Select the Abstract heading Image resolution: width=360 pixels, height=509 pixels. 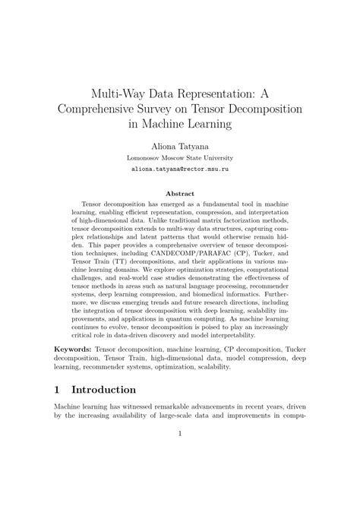(x=180, y=194)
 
